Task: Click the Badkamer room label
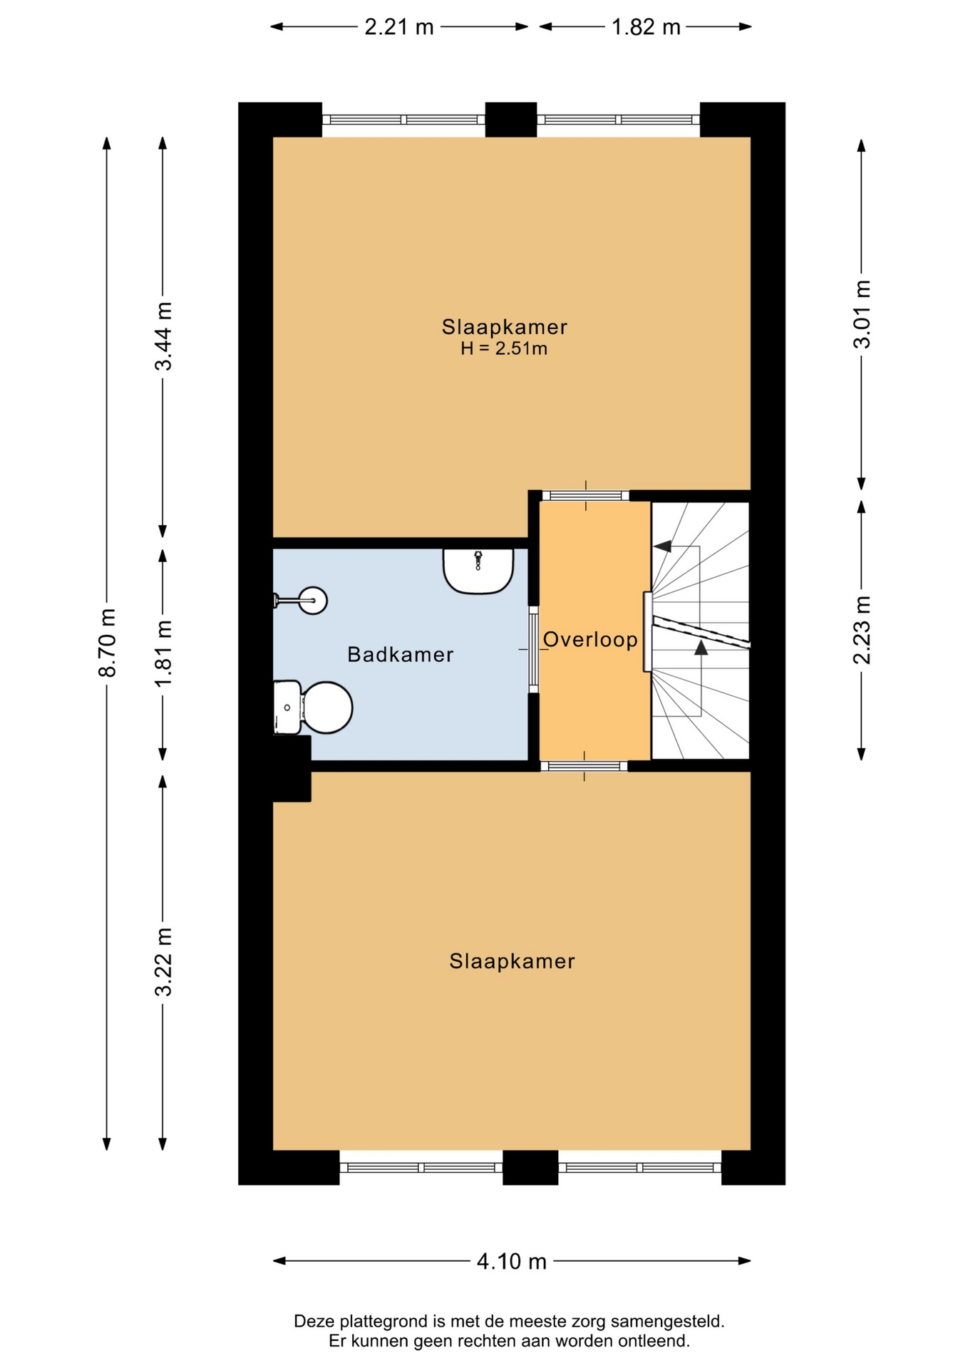point(400,654)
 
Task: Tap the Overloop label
point(590,639)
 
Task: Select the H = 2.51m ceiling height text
point(504,348)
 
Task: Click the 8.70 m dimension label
point(107,643)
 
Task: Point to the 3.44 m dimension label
point(163,336)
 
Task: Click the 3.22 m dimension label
point(163,962)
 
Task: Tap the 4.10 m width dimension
point(512,1261)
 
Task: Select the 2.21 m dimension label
point(399,27)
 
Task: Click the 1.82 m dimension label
point(647,27)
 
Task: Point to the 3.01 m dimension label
point(863,314)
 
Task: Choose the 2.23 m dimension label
point(863,630)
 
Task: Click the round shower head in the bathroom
point(313,601)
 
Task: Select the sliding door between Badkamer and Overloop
point(533,649)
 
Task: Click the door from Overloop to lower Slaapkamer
point(584,767)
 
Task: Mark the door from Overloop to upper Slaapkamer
point(586,496)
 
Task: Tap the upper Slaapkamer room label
point(504,327)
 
